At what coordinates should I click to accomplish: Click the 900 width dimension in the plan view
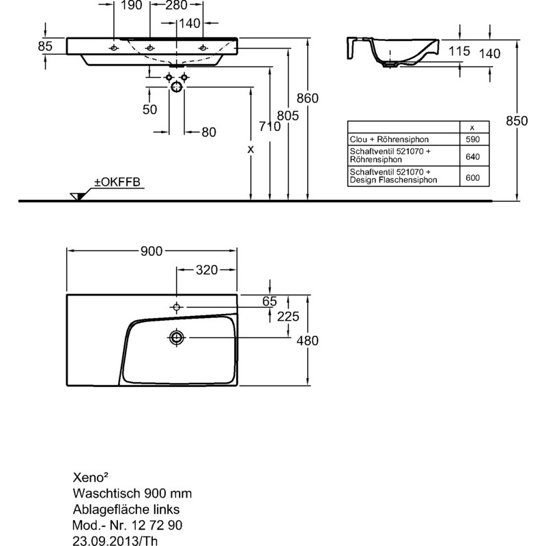(x=152, y=252)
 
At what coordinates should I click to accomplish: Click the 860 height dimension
(x=308, y=98)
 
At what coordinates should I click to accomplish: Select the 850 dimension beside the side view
(x=517, y=121)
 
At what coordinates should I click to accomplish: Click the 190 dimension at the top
(x=131, y=6)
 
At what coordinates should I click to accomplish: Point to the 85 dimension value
(x=46, y=47)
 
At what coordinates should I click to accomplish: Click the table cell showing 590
(x=472, y=139)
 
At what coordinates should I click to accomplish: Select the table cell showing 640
(x=472, y=156)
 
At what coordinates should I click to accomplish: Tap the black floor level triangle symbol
(x=78, y=197)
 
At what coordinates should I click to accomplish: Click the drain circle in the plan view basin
(x=177, y=337)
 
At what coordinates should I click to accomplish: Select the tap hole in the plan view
(x=177, y=306)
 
